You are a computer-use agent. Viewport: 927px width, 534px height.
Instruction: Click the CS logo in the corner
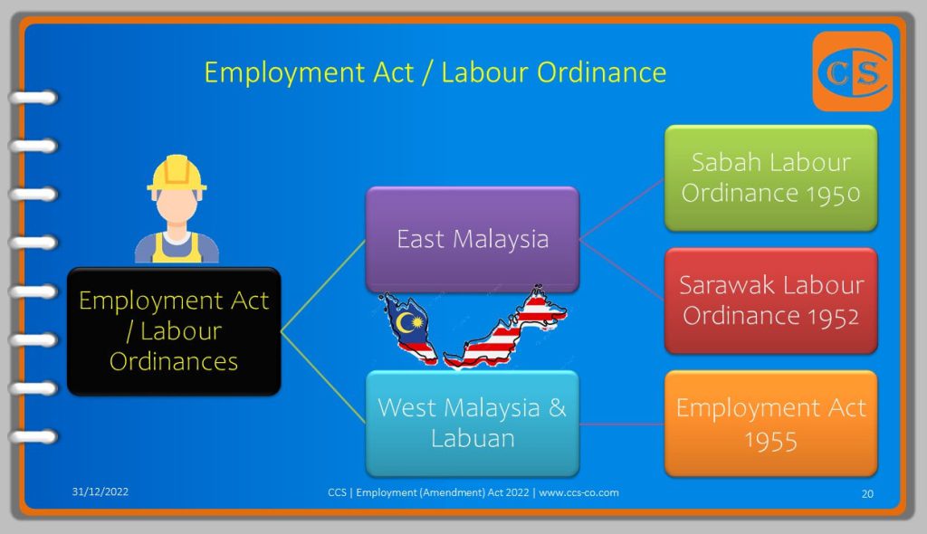tap(853, 72)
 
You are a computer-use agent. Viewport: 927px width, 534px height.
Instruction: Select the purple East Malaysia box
tap(473, 240)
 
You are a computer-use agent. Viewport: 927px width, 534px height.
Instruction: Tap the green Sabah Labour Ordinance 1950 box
tap(771, 178)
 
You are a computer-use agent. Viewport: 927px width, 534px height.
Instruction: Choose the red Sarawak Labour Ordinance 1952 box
tap(771, 300)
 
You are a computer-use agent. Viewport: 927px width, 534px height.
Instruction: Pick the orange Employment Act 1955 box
tap(771, 424)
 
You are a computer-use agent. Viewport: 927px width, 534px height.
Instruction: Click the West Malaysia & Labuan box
tap(473, 424)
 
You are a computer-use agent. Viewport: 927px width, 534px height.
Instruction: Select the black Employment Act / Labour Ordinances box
tap(174, 331)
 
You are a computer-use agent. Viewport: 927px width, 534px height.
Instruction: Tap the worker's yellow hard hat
tap(177, 173)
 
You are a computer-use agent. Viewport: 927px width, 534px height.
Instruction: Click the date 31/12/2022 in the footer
tap(100, 491)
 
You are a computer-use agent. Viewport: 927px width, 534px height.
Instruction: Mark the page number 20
tap(867, 494)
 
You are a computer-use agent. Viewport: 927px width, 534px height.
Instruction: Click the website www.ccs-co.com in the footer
tap(578, 492)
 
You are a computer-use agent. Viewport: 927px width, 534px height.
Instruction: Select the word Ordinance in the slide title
tap(601, 72)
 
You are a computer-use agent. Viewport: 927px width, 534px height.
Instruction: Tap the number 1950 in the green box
tap(833, 194)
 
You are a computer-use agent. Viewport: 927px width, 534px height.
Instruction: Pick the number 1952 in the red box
tap(833, 317)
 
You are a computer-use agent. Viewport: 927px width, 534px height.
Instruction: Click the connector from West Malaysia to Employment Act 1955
tap(622, 424)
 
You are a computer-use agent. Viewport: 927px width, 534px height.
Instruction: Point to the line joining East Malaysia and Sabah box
tap(622, 209)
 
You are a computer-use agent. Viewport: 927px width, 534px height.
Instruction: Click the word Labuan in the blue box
tap(473, 439)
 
